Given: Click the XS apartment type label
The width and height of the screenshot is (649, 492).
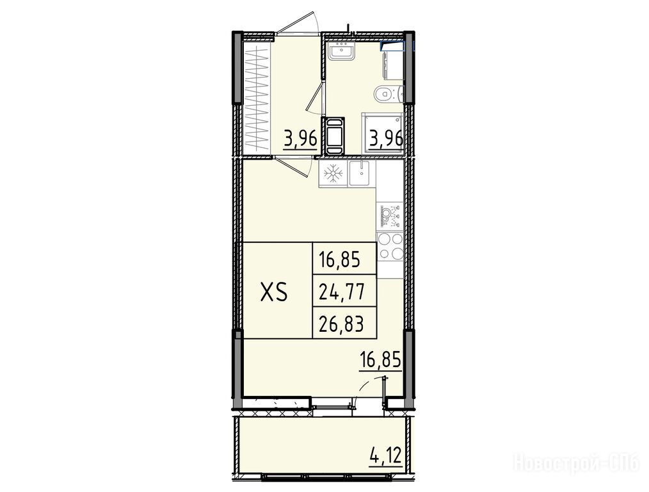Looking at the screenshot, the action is (274, 293).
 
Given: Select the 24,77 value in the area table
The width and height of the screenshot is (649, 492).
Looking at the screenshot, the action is (342, 292).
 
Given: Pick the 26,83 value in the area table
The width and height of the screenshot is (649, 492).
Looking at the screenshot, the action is (342, 324).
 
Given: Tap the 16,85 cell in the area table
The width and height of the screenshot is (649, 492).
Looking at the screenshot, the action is (339, 261).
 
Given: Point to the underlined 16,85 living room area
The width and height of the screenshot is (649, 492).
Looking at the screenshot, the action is (380, 360).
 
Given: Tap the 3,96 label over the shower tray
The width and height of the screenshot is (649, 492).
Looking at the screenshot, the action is (386, 138).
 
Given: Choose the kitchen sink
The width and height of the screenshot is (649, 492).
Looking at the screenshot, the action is (362, 173).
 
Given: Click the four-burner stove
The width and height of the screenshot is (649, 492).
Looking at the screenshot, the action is (390, 247).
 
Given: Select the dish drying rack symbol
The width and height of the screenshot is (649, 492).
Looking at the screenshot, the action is (390, 215).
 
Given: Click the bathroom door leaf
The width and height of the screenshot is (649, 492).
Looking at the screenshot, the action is (314, 98).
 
